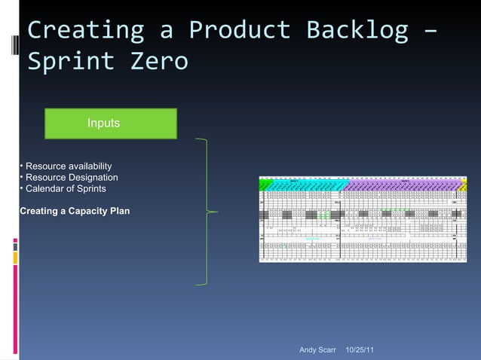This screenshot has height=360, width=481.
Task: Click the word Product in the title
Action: [239, 30]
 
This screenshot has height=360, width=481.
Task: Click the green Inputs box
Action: [111, 124]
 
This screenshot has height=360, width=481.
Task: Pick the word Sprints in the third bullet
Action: [90, 188]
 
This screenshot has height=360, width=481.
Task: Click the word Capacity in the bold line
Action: [88, 210]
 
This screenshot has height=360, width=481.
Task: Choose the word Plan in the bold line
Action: [119, 210]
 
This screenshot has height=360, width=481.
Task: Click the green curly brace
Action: [206, 212]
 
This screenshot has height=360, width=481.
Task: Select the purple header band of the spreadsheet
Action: [400, 185]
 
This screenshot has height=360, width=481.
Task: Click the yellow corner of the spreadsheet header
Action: [464, 185]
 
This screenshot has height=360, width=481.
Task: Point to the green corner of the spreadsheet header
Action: [265, 184]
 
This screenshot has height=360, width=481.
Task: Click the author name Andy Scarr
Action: [317, 350]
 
